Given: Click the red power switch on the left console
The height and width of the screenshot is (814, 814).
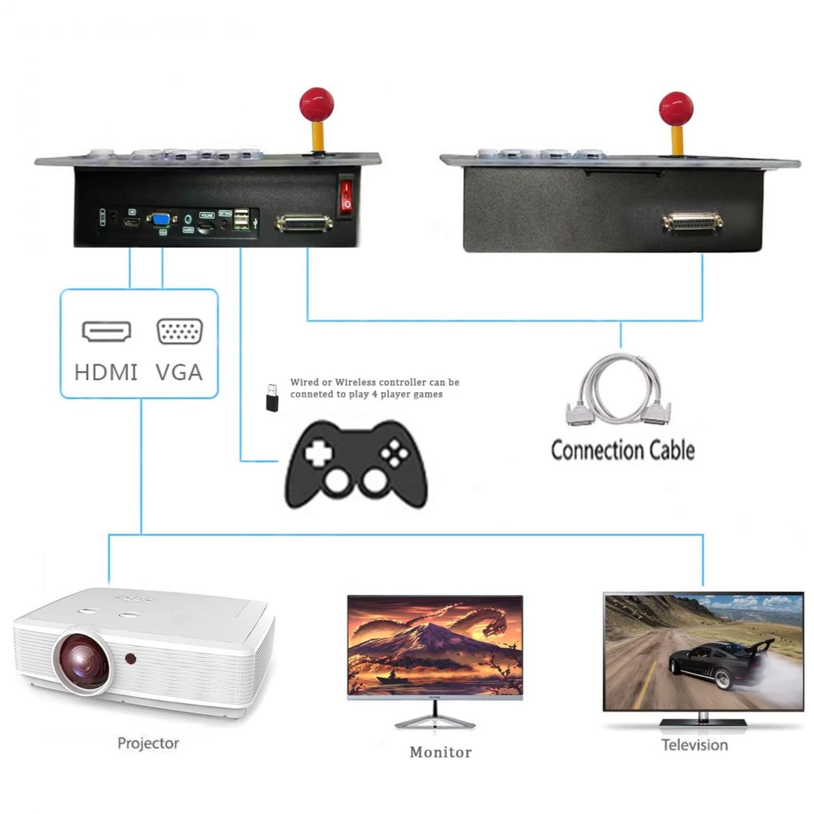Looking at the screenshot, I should coord(346,196).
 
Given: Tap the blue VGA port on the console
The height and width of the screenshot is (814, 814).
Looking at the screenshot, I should coord(161,220).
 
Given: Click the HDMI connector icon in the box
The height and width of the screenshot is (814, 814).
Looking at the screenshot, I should coord(106,332).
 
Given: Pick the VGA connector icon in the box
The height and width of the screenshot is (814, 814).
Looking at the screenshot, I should coord(180,332).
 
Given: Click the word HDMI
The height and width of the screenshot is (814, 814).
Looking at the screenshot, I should coord(106,373).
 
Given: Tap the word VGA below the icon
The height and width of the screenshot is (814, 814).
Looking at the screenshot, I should coord(180,373).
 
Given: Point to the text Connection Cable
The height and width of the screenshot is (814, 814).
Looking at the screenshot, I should coord(622,450).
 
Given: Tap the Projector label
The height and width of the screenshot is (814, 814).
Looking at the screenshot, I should coord(148,743).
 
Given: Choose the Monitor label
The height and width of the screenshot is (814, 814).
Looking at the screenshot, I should coord(441,752).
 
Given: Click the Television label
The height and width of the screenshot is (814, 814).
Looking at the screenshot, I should coord(695,745).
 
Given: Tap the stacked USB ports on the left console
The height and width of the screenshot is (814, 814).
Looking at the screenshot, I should coord(241,219).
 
